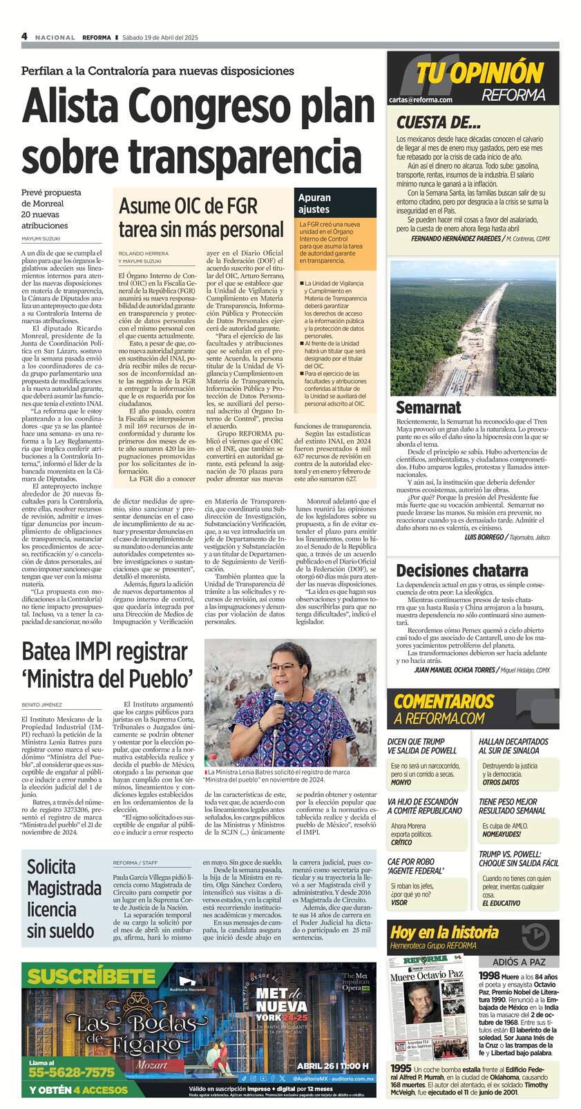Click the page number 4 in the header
point(24,37)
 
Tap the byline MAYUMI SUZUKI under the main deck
point(42,240)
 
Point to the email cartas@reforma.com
point(420,100)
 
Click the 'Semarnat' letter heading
point(428,407)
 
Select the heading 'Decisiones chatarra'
point(461,570)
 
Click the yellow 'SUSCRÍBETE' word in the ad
point(91,977)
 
